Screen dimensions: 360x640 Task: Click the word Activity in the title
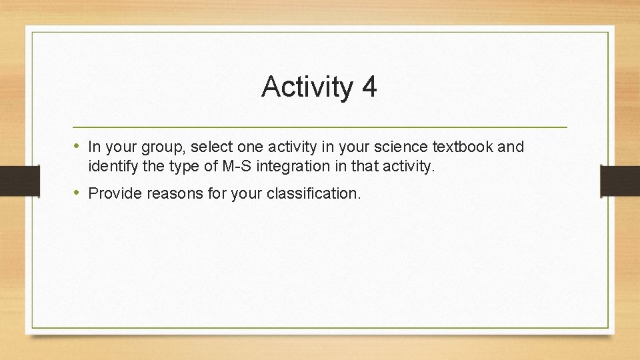(307, 87)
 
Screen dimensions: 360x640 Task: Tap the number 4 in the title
(369, 87)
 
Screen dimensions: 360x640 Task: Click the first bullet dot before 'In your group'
(77, 146)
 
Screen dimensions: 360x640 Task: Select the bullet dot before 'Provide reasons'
(77, 193)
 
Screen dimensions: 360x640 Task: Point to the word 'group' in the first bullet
(163, 147)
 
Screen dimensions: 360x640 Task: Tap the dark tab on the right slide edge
(620, 180)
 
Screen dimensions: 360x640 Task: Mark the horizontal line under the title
(320, 127)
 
